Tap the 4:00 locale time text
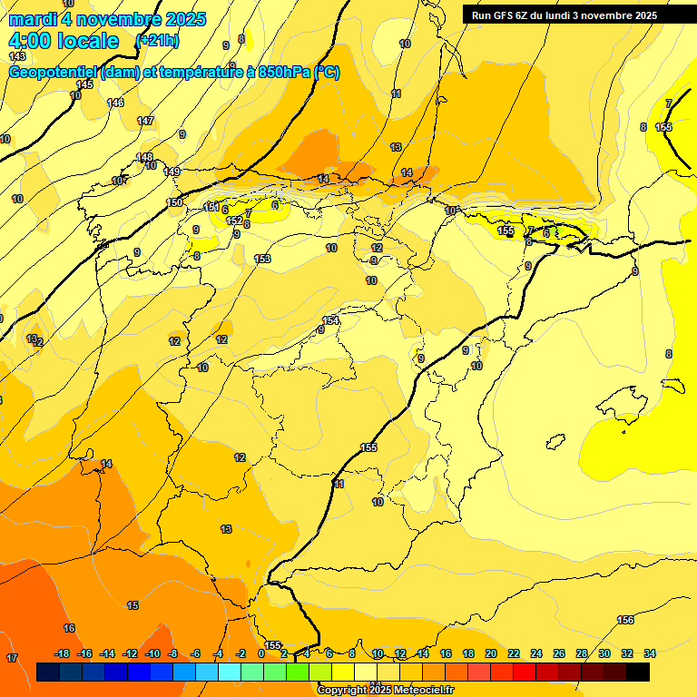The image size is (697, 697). (64, 41)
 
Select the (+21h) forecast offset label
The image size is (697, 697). (157, 41)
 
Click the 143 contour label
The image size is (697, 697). (17, 56)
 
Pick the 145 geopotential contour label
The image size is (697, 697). (84, 84)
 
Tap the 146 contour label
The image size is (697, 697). (115, 103)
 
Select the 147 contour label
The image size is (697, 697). (145, 121)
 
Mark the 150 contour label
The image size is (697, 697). (175, 202)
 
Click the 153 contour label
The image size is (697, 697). (262, 260)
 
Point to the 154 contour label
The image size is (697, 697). (331, 320)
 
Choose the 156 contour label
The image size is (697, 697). (625, 621)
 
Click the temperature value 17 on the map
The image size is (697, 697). (13, 657)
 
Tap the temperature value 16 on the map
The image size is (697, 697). (69, 628)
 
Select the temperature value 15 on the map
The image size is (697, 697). (133, 605)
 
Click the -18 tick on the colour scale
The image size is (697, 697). (63, 653)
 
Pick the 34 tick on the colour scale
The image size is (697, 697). (650, 653)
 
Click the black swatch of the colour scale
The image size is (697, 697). (638, 672)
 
